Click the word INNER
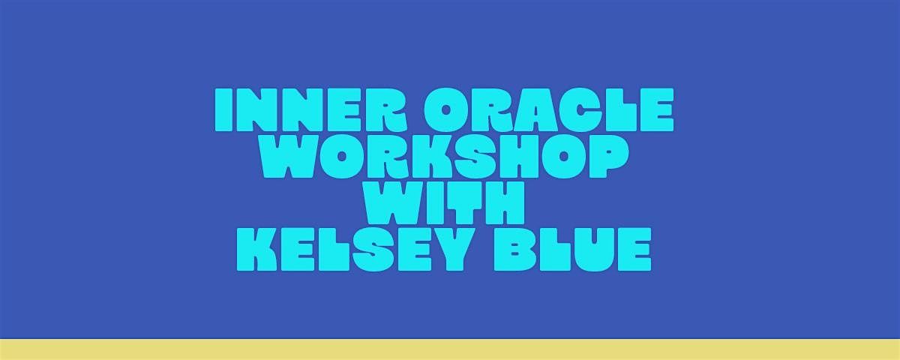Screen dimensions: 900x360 click(x=311, y=110)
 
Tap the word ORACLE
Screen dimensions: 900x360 click(x=549, y=110)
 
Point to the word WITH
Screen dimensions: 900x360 click(x=444, y=203)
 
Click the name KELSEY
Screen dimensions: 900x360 click(x=353, y=249)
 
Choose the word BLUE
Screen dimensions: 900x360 click(x=572, y=249)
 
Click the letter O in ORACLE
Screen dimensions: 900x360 click(x=448, y=110)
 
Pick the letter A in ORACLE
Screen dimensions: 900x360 click(x=544, y=110)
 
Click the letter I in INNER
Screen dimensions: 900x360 click(x=223, y=110)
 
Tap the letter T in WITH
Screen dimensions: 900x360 click(x=464, y=203)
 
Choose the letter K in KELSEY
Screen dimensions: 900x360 click(x=257, y=249)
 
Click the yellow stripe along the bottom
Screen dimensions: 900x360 click(x=450, y=349)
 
